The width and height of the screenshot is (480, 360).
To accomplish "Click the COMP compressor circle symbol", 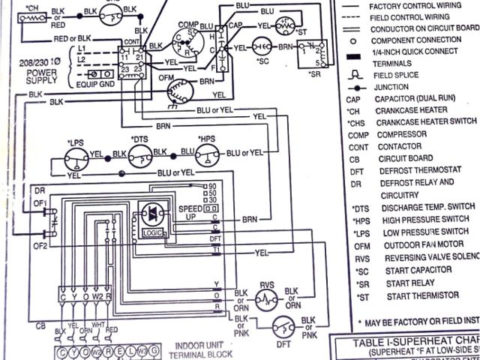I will pyautogui.click(x=184, y=43).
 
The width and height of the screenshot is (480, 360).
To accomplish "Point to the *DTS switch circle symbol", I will pyautogui.click(x=139, y=156).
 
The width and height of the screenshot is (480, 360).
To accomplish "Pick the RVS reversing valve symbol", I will pyautogui.click(x=266, y=298).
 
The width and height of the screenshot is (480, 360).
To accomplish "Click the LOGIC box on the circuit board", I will pyautogui.click(x=148, y=233).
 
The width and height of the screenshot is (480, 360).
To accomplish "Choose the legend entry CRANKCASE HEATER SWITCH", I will pyautogui.click(x=425, y=122).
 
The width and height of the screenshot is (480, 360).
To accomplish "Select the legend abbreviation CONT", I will pyautogui.click(x=358, y=146).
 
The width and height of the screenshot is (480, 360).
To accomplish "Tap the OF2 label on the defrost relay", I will pyautogui.click(x=40, y=245).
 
